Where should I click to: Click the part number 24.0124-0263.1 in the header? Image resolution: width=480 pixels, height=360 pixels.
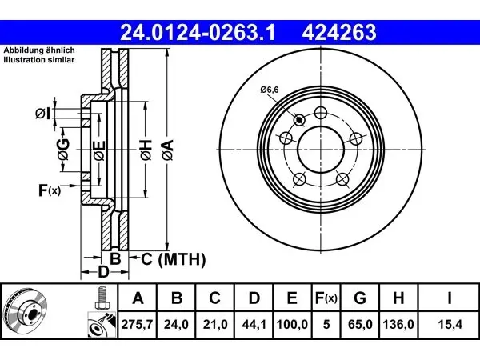[x=198, y=33]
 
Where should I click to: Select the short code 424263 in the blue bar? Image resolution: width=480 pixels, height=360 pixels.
[x=339, y=33]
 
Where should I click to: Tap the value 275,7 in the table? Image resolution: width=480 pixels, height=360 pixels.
[x=137, y=324]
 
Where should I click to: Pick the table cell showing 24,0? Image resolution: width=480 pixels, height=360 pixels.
[x=176, y=324]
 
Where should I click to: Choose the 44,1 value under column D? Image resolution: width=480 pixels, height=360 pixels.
[x=254, y=324]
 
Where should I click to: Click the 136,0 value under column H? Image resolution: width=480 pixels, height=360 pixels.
[x=398, y=324]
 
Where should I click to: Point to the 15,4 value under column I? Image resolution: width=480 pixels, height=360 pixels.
[x=450, y=324]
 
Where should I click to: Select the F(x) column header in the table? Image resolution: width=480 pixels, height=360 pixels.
[x=326, y=298]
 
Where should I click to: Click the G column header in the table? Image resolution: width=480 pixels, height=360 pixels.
[x=360, y=298]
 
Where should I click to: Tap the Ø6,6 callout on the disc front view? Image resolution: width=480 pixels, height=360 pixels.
[x=270, y=90]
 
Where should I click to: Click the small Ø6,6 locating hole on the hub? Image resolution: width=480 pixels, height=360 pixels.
[x=299, y=120]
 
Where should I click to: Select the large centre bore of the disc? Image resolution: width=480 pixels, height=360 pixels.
[x=321, y=150]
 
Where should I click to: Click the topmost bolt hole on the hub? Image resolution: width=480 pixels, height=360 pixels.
[x=321, y=113]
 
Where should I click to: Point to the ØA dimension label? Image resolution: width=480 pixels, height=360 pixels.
[x=168, y=150]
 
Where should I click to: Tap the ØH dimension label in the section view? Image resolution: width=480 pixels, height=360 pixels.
[x=146, y=150]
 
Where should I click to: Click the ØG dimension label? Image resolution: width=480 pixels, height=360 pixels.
[x=63, y=150]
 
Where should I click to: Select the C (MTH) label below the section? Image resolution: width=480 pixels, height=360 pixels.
[x=174, y=259]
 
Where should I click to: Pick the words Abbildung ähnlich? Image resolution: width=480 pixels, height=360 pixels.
[x=39, y=50]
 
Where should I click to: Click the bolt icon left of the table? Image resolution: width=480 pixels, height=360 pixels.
[x=101, y=298]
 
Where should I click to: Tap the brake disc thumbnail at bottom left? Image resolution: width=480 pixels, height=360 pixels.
[x=25, y=311]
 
